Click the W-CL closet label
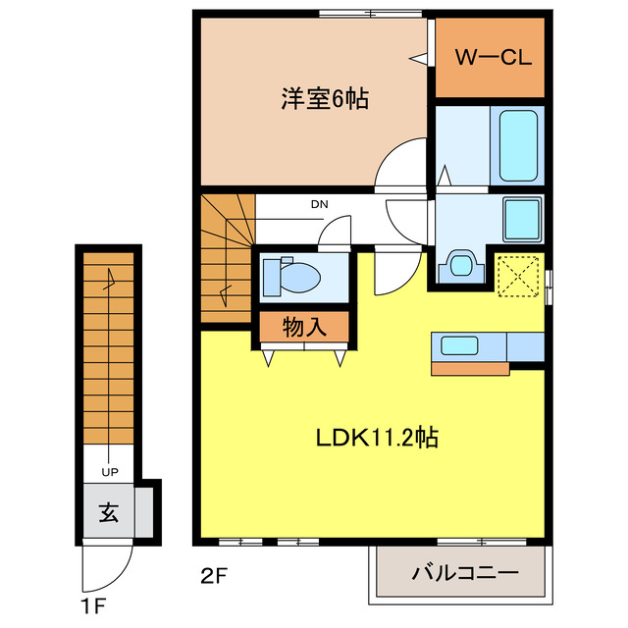pos(491,58)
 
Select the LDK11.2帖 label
pos(376,436)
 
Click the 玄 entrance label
pos(108,511)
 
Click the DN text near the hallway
pos(319,205)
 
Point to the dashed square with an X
pos(520,277)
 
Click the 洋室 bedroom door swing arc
pos(400,162)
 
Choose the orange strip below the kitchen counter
pos(470,369)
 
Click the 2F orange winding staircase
pos(228,257)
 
